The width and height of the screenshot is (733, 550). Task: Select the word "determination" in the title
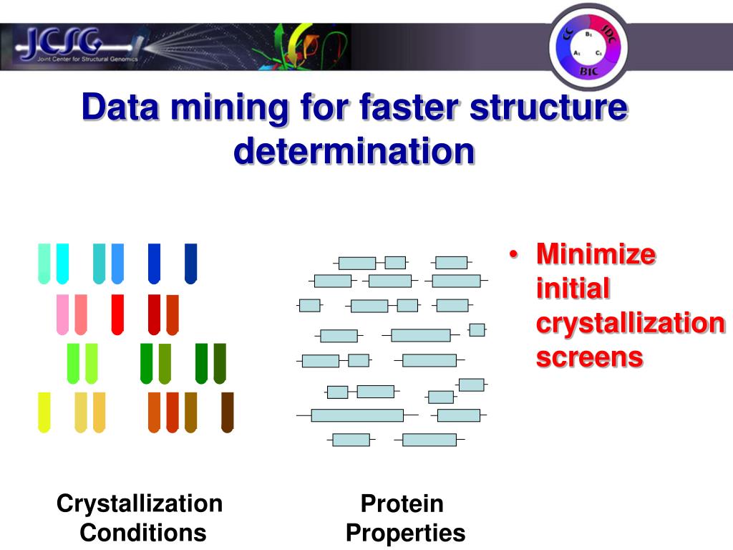[354, 151]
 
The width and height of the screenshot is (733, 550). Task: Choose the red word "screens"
[589, 357]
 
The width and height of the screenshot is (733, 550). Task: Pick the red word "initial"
[573, 289]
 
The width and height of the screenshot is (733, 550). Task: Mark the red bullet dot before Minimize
[513, 256]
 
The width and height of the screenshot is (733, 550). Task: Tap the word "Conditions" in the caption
[143, 532]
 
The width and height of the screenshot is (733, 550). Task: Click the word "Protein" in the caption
[402, 504]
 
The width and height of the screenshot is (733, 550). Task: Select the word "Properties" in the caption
[405, 533]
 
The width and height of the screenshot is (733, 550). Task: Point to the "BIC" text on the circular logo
[588, 72]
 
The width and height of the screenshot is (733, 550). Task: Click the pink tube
[62, 314]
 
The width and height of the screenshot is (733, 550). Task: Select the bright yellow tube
[44, 412]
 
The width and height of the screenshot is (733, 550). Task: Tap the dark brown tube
[228, 412]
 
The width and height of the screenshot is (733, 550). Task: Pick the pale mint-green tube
[44, 263]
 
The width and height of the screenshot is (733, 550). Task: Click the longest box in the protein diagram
[357, 415]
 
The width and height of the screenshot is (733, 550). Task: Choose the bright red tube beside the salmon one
[117, 314]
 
